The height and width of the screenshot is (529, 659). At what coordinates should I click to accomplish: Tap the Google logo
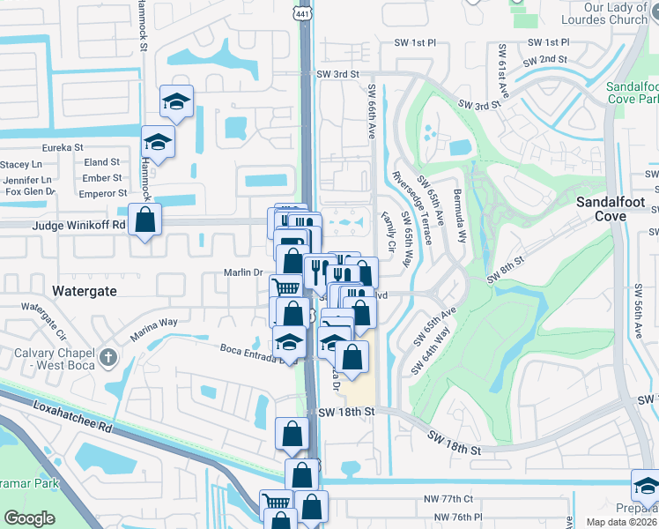[30, 518]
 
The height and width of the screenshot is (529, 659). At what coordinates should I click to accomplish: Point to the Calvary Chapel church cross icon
[107, 357]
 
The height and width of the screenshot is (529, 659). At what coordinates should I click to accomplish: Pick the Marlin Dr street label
[246, 272]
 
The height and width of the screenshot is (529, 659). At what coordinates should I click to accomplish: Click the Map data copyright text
[612, 521]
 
